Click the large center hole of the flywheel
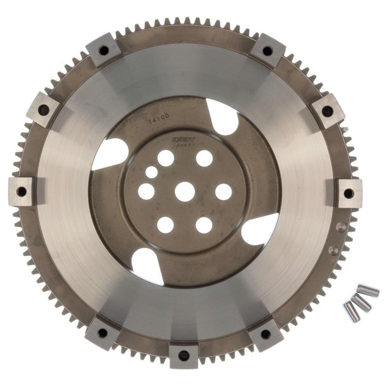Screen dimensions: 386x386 185,192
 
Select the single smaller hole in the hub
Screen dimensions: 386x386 152,172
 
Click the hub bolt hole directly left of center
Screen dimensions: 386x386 146,192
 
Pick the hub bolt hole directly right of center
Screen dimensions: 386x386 223,192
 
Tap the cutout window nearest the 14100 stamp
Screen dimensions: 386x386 222,117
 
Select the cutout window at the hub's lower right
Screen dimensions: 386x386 260,229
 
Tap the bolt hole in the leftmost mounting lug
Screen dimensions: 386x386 22,192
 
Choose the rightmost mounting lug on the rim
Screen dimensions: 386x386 348,193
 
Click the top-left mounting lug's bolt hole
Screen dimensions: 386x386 103,50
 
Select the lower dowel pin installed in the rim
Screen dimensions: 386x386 333,249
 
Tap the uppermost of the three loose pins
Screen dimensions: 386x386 368,291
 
